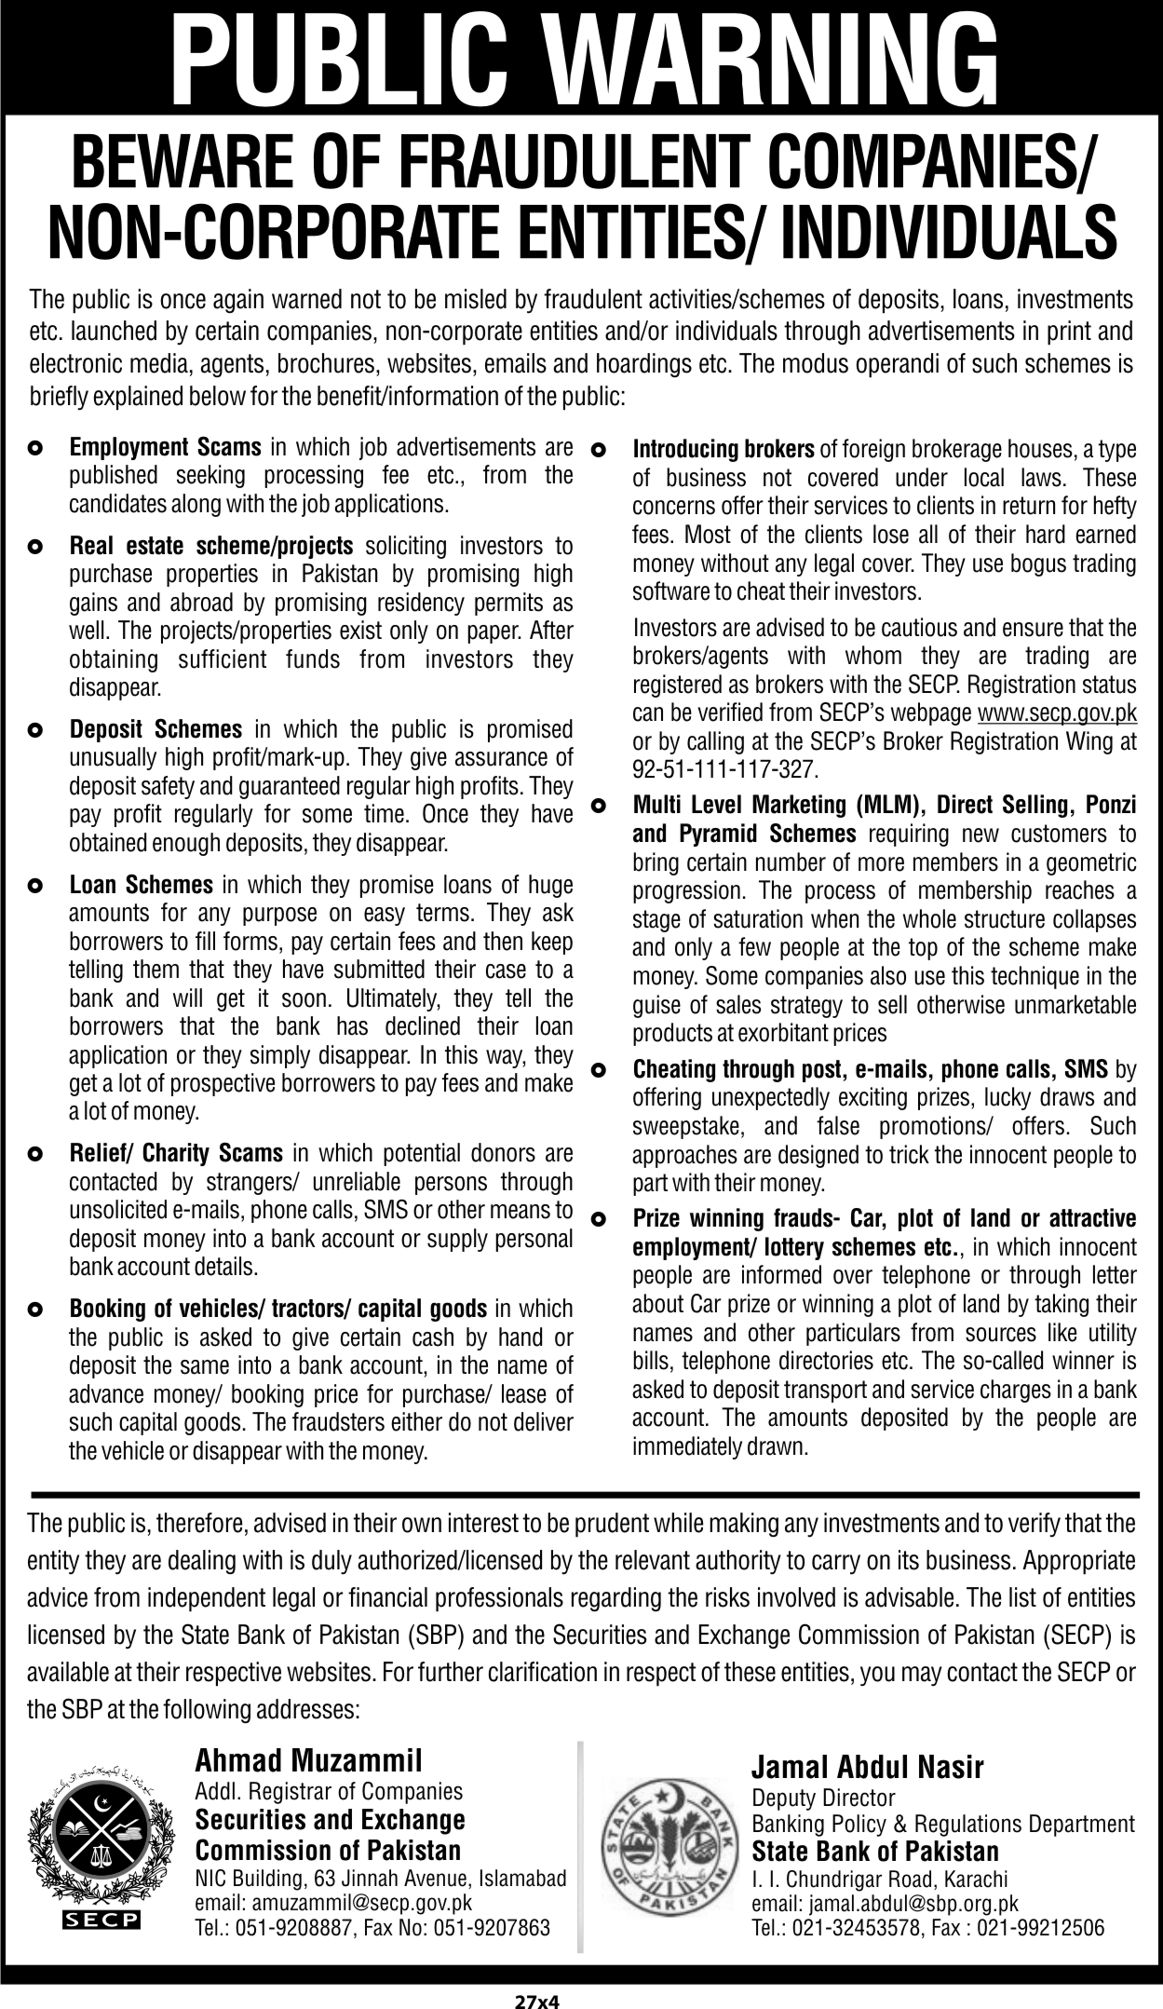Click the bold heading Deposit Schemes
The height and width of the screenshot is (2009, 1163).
[x=156, y=729]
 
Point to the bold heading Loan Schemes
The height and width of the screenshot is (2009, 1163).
[x=142, y=884]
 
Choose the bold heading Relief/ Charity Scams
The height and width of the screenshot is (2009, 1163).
[x=176, y=1154]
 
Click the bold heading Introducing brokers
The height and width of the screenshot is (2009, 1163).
[x=723, y=450]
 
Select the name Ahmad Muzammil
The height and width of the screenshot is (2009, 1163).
[x=308, y=1759]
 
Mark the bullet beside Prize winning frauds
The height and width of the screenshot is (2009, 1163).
[x=600, y=1218]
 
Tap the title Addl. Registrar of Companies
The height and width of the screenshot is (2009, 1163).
[x=329, y=1790]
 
